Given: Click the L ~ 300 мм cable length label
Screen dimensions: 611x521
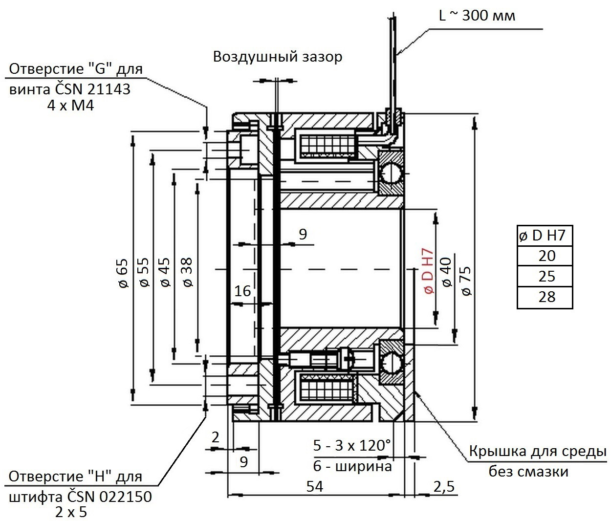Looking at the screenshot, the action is point(477,15).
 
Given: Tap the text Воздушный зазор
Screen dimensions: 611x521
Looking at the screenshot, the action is point(278,57).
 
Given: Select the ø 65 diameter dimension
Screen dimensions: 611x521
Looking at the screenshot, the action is point(123,273).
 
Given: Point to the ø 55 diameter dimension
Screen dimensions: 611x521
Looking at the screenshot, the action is point(144,272).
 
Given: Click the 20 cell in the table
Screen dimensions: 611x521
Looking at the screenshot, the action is point(547,256).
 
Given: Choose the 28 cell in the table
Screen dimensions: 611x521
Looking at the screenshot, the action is point(547,297).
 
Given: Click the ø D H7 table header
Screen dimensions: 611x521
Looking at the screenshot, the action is point(542,236).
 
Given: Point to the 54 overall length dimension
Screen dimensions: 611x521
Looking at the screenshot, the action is point(314,486).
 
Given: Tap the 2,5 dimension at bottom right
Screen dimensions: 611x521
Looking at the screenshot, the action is point(444,486).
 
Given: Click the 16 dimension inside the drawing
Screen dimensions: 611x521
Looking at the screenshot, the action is point(242,291).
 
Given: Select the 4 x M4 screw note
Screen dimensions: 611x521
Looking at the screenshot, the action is point(70,105).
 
